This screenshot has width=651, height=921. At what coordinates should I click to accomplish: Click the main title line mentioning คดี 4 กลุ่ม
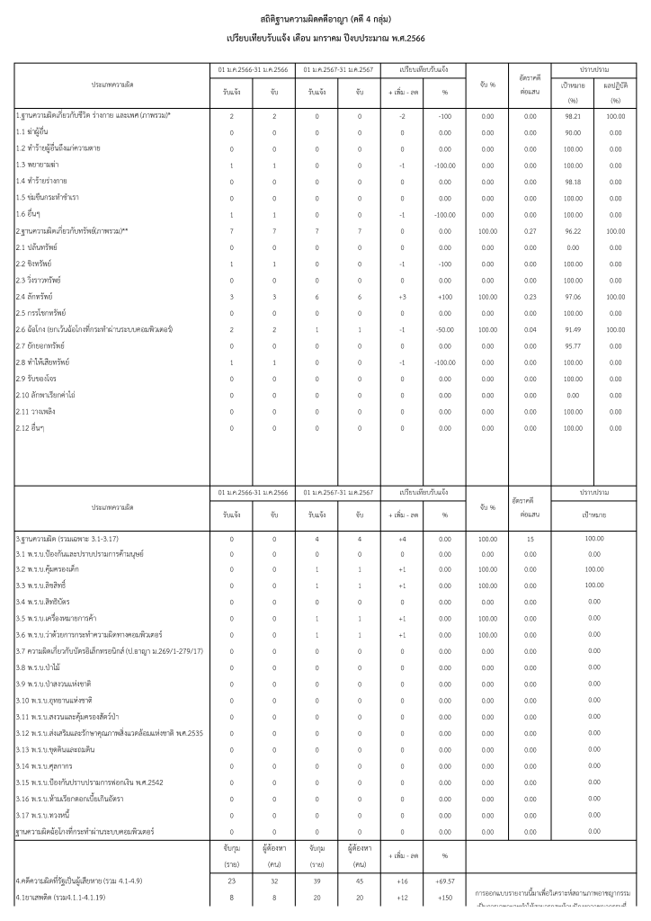(x=325, y=19)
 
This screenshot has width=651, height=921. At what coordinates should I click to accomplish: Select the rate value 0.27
(x=530, y=230)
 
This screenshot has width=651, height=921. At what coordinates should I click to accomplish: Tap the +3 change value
(x=402, y=296)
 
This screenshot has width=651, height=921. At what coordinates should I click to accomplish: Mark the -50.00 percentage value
(x=444, y=329)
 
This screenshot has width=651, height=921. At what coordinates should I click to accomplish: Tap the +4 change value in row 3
(x=402, y=538)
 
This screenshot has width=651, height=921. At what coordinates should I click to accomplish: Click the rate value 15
(x=530, y=538)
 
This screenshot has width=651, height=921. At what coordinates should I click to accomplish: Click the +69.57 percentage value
(x=444, y=887)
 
